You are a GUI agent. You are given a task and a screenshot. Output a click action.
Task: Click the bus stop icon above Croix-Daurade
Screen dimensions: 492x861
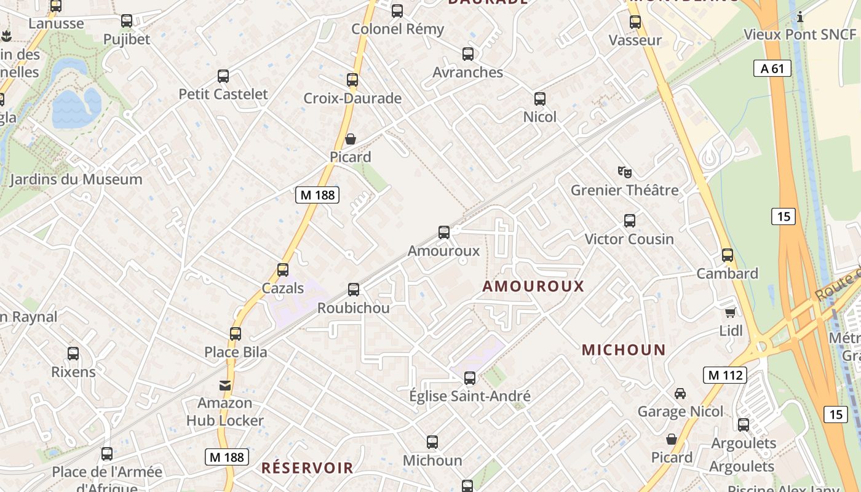pyautogui.click(x=352, y=80)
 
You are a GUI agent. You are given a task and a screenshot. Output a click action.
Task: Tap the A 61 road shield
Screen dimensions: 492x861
pyautogui.click(x=772, y=68)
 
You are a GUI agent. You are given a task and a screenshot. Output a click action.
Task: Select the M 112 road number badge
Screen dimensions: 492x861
pyautogui.click(x=725, y=375)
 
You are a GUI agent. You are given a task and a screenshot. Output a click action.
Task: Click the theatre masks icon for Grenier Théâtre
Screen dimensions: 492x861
pyautogui.click(x=625, y=172)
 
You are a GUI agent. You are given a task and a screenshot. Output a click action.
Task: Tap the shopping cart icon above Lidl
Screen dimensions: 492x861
pyautogui.click(x=730, y=312)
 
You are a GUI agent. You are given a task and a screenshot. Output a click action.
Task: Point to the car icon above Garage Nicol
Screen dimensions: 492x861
pyautogui.click(x=680, y=393)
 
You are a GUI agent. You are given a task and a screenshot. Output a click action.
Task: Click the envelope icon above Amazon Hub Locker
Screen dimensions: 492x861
pyautogui.click(x=225, y=385)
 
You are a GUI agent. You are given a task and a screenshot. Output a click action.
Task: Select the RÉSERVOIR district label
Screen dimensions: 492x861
pyautogui.click(x=307, y=467)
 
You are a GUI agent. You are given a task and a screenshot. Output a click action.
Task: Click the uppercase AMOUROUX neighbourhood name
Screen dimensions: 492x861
pyautogui.click(x=533, y=286)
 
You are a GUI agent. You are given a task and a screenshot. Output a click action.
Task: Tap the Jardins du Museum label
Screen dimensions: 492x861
pyautogui.click(x=76, y=180)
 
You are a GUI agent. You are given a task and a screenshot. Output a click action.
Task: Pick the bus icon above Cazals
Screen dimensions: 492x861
pyautogui.click(x=283, y=269)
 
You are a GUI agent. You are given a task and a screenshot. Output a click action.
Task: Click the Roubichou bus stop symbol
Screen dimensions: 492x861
pyautogui.click(x=354, y=289)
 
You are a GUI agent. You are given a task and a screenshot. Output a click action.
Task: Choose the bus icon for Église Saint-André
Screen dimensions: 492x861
pyautogui.click(x=470, y=378)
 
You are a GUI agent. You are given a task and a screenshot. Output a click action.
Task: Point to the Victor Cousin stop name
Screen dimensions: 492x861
pyautogui.click(x=629, y=239)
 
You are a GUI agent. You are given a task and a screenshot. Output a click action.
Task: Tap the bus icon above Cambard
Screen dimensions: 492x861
pyautogui.click(x=728, y=255)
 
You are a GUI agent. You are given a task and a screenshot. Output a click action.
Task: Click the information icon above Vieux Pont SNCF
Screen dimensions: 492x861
pyautogui.click(x=800, y=17)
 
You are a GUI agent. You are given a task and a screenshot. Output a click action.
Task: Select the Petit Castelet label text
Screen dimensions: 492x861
pyautogui.click(x=223, y=94)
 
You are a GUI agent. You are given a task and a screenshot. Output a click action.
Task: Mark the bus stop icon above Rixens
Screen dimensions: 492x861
pyautogui.click(x=73, y=354)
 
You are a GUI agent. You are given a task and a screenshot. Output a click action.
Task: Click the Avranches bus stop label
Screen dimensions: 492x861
pyautogui.click(x=467, y=72)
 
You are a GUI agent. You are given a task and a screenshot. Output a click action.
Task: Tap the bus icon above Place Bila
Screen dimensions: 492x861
pyautogui.click(x=236, y=334)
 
